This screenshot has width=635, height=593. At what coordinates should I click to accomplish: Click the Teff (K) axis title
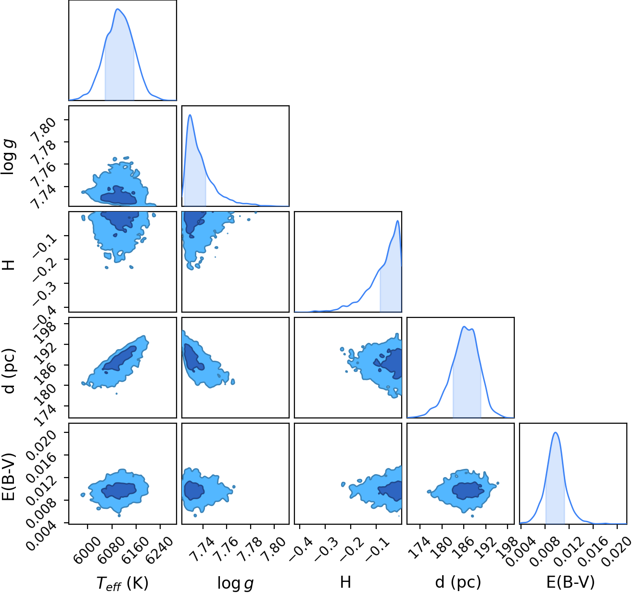(x=123, y=583)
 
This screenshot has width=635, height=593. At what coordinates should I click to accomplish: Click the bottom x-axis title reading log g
(x=235, y=583)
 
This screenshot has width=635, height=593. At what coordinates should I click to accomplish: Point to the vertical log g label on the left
(x=8, y=157)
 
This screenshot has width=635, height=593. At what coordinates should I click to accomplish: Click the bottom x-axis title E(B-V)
(x=571, y=582)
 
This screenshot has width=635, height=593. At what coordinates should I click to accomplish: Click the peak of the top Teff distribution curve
(x=118, y=9)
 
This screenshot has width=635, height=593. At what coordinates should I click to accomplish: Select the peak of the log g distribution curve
(x=190, y=115)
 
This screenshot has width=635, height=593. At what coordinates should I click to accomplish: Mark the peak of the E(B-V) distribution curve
(x=556, y=432)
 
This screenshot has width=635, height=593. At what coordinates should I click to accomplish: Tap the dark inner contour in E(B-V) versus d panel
(x=468, y=491)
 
